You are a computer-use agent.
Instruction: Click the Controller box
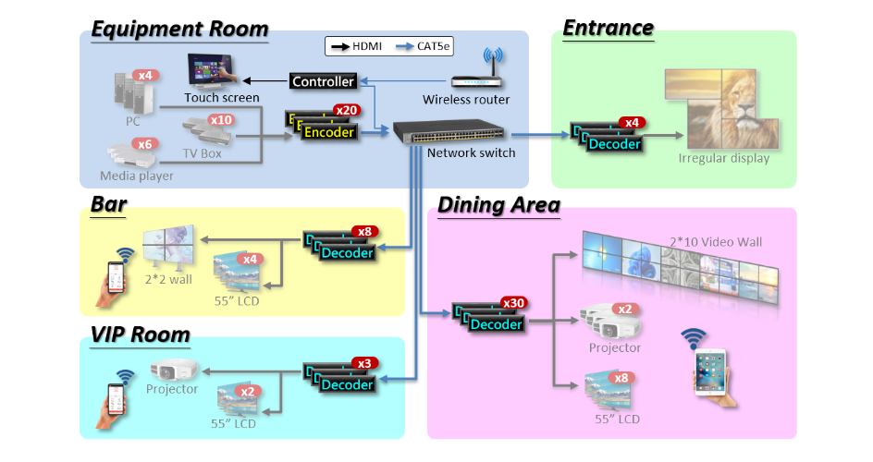click(x=323, y=81)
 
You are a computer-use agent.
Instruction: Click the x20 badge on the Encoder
click(x=348, y=110)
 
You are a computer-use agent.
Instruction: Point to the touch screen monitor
click(x=210, y=71)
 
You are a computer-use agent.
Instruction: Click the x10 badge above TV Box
click(x=221, y=120)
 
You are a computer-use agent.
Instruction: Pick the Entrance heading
click(x=609, y=28)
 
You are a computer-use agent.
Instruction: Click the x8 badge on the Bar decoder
click(x=364, y=231)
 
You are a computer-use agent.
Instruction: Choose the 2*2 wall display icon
click(x=169, y=247)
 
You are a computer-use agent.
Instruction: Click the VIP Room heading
click(x=141, y=334)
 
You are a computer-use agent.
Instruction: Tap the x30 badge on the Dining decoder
click(x=513, y=303)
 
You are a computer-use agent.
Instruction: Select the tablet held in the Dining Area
click(x=709, y=371)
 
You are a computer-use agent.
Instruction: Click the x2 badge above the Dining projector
click(x=623, y=309)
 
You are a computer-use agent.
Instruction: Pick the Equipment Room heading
click(x=179, y=29)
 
